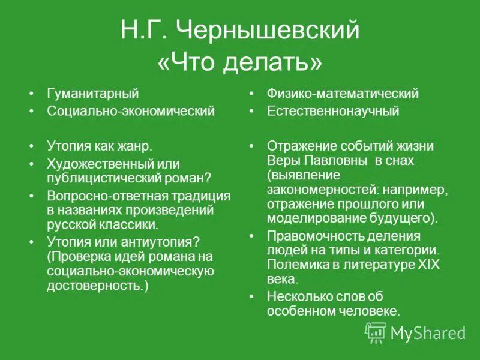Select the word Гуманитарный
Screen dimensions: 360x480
click(92, 94)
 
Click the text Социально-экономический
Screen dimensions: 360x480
click(131, 112)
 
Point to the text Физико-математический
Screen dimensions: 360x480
click(343, 94)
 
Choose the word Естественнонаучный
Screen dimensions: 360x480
click(333, 112)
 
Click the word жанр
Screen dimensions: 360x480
click(135, 146)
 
